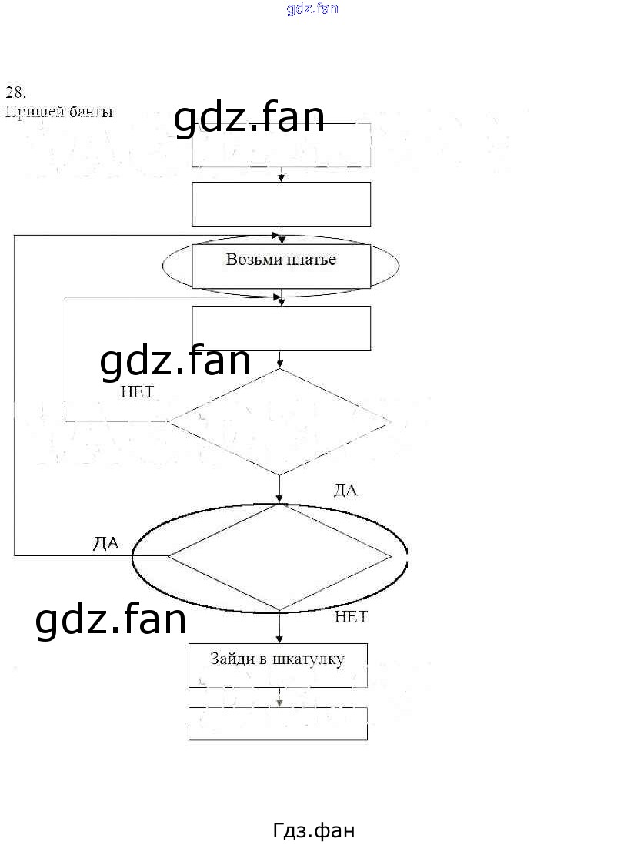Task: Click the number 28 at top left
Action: (15, 92)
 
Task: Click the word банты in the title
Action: (92, 112)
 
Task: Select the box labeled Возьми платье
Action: (281, 266)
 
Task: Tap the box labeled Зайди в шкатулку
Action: (278, 665)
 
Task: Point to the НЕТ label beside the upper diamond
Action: (137, 392)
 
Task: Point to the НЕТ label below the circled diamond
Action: (351, 617)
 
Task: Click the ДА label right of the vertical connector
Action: (345, 490)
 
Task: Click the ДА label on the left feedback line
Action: (106, 543)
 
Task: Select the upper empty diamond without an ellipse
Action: (279, 421)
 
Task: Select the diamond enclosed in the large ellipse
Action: (279, 557)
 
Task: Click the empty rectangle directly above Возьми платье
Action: (281, 204)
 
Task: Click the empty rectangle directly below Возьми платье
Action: (281, 329)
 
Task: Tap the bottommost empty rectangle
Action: (278, 724)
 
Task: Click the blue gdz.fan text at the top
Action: (312, 9)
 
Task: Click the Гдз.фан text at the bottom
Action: (314, 830)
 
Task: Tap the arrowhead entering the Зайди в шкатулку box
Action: (279, 639)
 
